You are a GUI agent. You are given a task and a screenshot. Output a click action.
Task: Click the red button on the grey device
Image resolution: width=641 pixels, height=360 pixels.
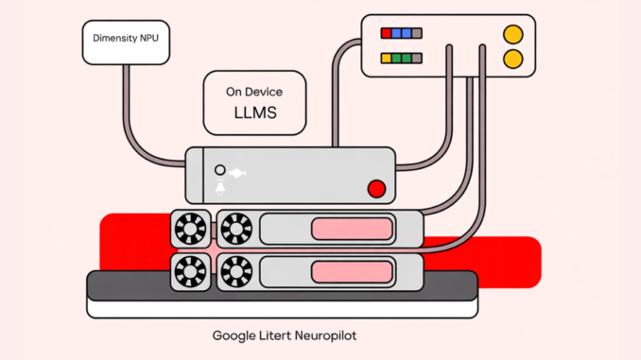point(376,189)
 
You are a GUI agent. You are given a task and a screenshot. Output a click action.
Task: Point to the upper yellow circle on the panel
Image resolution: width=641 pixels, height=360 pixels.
point(513,33)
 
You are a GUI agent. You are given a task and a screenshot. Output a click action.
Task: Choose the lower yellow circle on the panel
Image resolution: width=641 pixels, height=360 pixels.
point(513,59)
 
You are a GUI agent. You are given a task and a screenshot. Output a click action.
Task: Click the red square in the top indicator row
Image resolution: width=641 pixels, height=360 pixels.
point(386,33)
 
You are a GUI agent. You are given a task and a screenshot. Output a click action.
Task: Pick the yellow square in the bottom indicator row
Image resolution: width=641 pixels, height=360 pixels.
point(386,58)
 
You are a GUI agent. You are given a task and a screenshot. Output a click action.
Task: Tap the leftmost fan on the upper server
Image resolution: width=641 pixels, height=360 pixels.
point(187,228)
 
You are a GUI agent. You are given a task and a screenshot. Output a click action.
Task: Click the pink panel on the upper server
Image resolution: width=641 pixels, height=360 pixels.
point(352,229)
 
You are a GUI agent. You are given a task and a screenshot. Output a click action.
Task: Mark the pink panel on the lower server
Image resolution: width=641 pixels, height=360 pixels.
point(352,270)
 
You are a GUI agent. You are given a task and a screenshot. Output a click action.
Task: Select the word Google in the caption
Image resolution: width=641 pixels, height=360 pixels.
point(234,335)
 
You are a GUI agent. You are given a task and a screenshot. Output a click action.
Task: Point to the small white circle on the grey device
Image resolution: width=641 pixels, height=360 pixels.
point(220,170)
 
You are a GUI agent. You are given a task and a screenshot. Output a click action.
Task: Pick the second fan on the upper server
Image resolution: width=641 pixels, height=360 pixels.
point(235,228)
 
